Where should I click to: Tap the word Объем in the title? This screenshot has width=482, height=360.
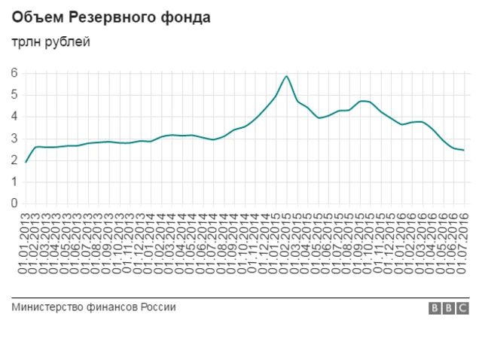(x=33, y=17)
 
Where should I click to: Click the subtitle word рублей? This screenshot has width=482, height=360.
(x=65, y=42)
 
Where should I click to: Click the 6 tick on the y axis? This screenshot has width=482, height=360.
(x=14, y=73)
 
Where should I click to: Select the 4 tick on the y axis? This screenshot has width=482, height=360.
(x=14, y=117)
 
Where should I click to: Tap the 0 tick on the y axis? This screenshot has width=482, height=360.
(x=14, y=203)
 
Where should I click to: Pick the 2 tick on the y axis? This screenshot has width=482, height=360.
(x=14, y=160)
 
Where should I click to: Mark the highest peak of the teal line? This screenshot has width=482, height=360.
(x=286, y=76)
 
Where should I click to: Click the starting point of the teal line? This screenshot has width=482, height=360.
(x=26, y=162)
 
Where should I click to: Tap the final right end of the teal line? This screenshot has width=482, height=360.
(x=463, y=151)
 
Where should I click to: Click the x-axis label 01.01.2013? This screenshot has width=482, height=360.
(x=26, y=241)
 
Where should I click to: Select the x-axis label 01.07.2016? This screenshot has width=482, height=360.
(x=463, y=241)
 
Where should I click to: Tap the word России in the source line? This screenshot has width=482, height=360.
(x=159, y=307)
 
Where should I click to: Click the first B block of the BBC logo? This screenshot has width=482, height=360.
(x=435, y=308)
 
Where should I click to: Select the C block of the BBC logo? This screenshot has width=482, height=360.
(x=463, y=308)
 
